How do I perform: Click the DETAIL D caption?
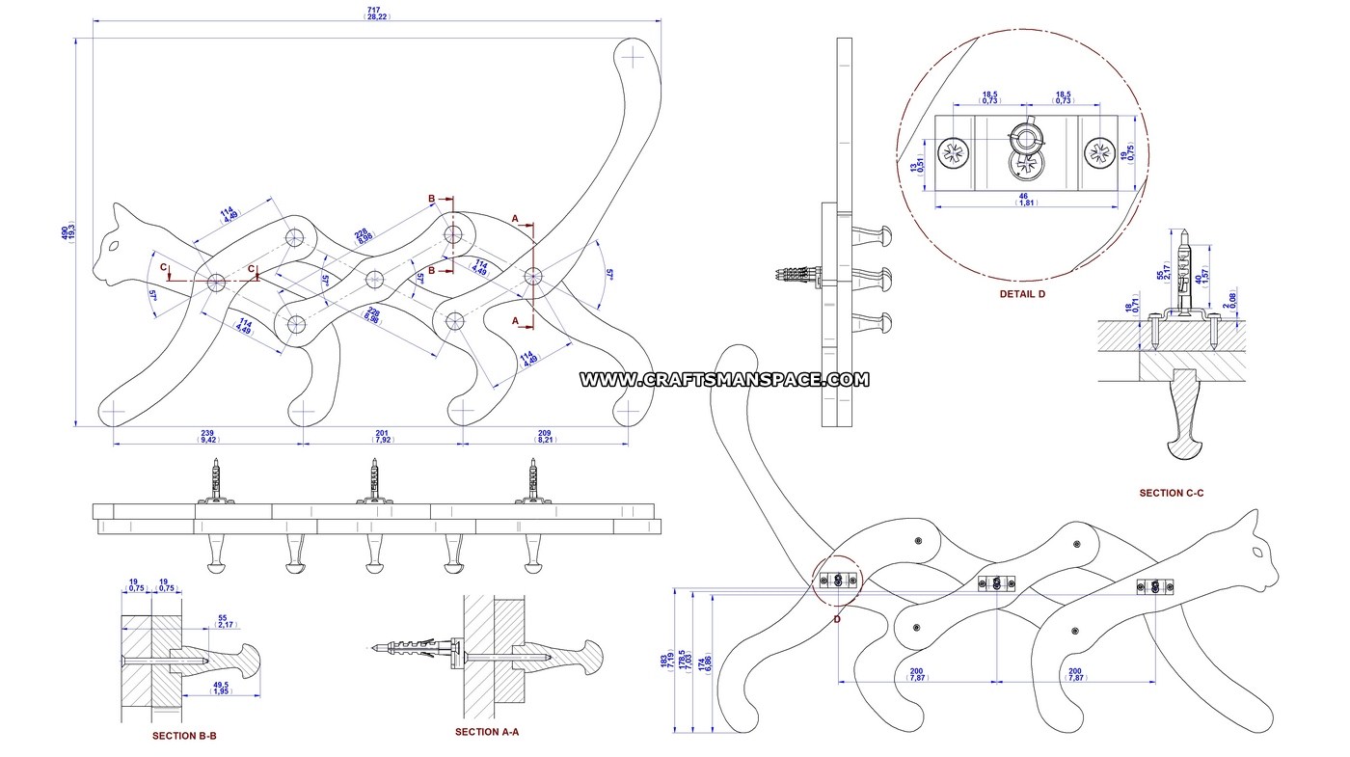1022,294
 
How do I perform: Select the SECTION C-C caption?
1172,493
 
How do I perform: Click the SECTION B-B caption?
184,736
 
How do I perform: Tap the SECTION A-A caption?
487,732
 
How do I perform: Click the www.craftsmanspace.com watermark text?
724,380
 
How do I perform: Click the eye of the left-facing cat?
115,248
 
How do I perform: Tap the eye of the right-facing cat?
1257,553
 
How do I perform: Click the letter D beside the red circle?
836,619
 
